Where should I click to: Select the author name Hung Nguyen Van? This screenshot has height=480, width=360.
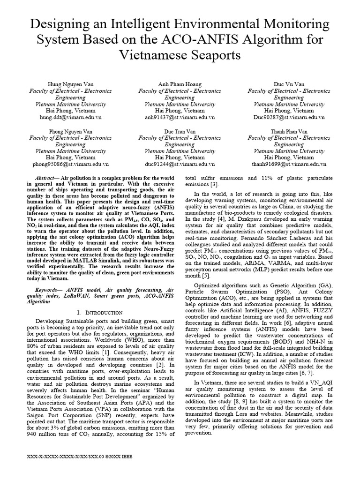click(70, 84)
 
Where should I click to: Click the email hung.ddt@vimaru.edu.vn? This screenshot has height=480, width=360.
click(70, 118)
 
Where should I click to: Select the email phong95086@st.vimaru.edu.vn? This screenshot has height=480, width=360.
click(70, 165)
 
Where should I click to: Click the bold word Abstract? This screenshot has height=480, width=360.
click(46, 179)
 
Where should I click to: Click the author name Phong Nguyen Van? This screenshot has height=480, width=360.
click(70, 132)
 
